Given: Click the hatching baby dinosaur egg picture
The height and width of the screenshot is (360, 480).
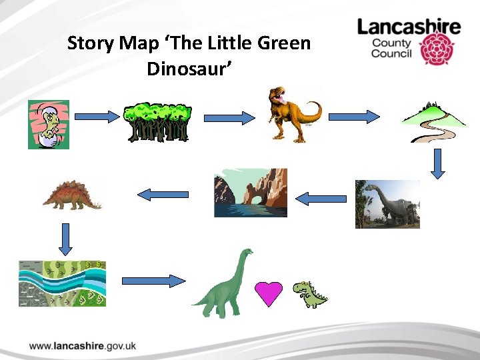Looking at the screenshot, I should click(x=48, y=124).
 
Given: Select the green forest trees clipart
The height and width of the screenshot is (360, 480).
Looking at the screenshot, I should click(x=159, y=122).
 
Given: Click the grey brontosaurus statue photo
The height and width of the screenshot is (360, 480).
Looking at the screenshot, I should click(x=387, y=204).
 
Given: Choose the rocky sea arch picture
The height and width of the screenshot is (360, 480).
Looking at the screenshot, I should click(x=251, y=193).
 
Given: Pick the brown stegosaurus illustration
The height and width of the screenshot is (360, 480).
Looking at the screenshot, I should click(x=71, y=194).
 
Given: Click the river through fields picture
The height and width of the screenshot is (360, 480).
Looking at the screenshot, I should click(x=62, y=283).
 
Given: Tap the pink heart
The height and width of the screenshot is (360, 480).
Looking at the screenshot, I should click(x=269, y=293).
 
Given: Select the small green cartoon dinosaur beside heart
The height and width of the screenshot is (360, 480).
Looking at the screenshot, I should click(x=311, y=295).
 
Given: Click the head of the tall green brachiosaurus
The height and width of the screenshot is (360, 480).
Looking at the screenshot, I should click(x=248, y=253).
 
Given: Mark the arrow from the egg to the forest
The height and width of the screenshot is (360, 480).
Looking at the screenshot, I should click(x=95, y=117).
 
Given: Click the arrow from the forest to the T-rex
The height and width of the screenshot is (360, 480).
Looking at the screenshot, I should click(x=229, y=118).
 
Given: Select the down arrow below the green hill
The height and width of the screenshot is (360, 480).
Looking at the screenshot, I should click(x=437, y=164).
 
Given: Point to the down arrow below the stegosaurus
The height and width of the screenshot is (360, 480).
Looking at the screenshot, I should click(x=65, y=239).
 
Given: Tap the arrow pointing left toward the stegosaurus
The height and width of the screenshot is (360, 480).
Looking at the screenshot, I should click(x=163, y=195).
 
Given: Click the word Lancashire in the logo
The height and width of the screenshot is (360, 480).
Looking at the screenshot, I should click(x=409, y=27).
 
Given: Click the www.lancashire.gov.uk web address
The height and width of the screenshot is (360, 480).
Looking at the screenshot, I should click(x=83, y=346).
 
